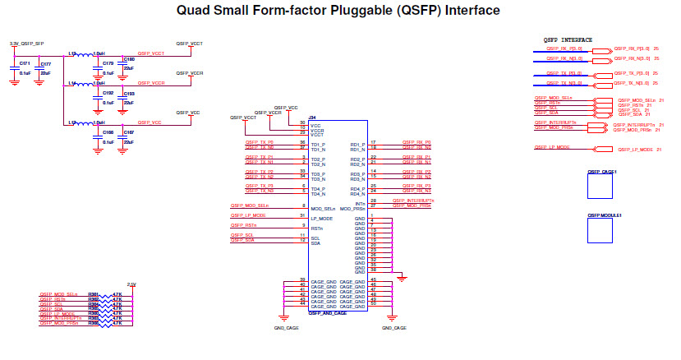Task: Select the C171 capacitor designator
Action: click(x=25, y=62)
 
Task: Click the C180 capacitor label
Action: click(x=129, y=59)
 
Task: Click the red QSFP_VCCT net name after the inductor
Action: click(x=151, y=53)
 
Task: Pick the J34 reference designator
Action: click(x=312, y=118)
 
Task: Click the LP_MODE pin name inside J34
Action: click(x=322, y=219)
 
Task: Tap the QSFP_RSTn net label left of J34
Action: click(x=243, y=225)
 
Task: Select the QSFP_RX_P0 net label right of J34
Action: click(x=416, y=142)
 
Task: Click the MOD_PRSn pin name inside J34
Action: click(x=352, y=205)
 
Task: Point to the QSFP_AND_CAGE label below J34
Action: click(x=328, y=313)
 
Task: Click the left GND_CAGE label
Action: click(x=286, y=328)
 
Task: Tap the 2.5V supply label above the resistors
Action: click(x=131, y=284)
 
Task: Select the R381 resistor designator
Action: click(x=93, y=293)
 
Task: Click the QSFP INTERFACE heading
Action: click(x=568, y=39)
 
